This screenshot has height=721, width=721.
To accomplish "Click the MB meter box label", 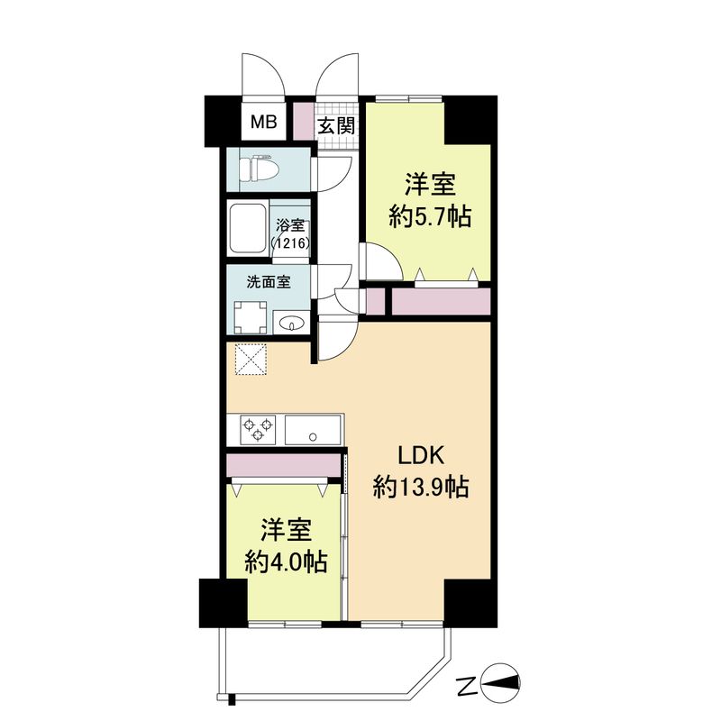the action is click(x=263, y=122).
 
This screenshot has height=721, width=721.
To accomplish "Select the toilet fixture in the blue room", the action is click(x=260, y=169).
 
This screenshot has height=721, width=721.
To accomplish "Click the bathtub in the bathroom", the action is click(x=248, y=228).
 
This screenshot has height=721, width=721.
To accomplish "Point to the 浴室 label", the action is click(x=290, y=226).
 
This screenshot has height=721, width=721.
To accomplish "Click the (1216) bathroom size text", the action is click(x=290, y=242).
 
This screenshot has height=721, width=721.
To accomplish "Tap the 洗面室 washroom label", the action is click(x=269, y=282).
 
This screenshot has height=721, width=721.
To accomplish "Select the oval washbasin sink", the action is click(x=291, y=324).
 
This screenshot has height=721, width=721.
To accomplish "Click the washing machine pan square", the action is click(x=250, y=317).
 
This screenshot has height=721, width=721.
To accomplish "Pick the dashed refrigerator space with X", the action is click(x=251, y=360).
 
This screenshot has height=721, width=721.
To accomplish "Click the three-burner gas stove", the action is click(x=258, y=430).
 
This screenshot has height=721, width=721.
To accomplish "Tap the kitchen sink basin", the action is click(x=313, y=430).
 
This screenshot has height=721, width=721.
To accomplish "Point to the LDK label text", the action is click(x=421, y=456).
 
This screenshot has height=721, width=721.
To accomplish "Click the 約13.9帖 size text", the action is click(x=421, y=487).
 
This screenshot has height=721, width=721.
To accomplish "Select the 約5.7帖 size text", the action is click(x=430, y=216).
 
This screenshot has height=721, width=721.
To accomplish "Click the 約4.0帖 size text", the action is click(x=286, y=561).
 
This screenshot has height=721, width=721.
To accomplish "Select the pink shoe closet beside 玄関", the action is click(x=303, y=122).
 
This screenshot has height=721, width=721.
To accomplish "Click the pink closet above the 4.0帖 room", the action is click(x=284, y=465).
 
